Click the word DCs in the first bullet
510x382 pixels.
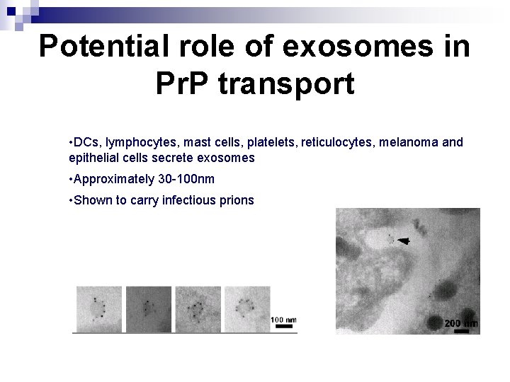pyautogui.click(x=86, y=142)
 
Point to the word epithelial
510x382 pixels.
pyautogui.click(x=91, y=158)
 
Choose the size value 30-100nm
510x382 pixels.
pyautogui.click(x=189, y=179)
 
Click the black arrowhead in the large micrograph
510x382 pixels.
pyautogui.click(x=403, y=241)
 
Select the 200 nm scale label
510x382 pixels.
pyautogui.click(x=461, y=323)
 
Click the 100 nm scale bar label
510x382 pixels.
pyautogui.click(x=283, y=319)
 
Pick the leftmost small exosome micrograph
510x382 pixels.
pyautogui.click(x=98, y=308)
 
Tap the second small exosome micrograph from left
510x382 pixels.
pyautogui.click(x=147, y=308)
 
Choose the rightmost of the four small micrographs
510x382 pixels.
pyautogui.click(x=246, y=308)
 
